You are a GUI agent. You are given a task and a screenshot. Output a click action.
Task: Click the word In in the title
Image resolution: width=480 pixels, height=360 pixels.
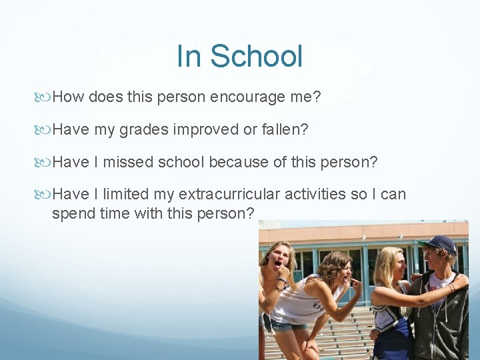point(189,56)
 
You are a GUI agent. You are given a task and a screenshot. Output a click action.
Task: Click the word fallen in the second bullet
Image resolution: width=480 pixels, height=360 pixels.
point(281,129)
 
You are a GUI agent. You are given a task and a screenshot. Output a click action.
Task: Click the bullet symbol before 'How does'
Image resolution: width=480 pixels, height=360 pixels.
point(45,97)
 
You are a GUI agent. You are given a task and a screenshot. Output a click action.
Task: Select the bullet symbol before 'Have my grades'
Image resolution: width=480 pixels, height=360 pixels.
point(45,129)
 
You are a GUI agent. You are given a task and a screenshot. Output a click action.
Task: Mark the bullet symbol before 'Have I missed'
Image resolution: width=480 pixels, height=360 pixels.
point(45,161)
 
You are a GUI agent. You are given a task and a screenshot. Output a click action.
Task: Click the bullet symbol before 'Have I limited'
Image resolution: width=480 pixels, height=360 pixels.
point(45,194)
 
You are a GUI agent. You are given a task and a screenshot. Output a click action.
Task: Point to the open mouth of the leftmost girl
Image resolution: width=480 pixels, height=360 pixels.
point(278,265)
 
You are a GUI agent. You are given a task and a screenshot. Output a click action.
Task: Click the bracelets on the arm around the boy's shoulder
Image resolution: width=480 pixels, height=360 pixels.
point(452,287)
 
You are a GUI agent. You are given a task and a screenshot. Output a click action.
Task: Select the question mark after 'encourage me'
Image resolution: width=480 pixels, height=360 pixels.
point(317,97)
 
